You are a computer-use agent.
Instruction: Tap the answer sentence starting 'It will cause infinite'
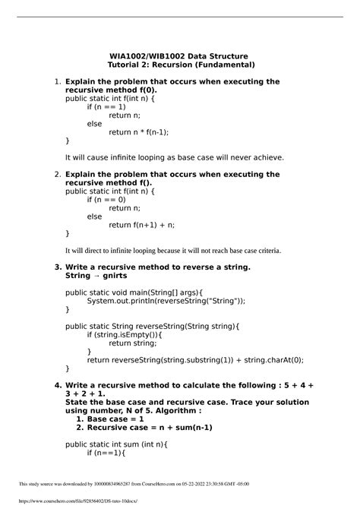175,158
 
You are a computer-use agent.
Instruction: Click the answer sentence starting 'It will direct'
173,250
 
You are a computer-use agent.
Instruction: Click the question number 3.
58,267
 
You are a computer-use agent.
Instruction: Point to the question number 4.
58,385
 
